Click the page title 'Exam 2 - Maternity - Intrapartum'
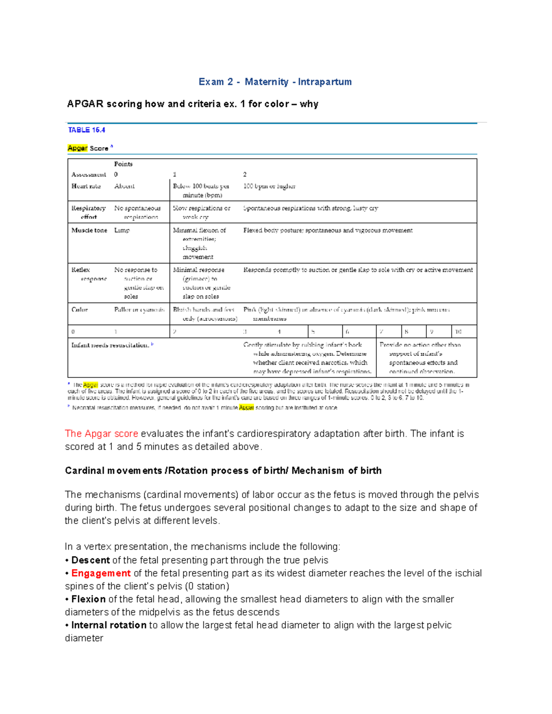click(275, 82)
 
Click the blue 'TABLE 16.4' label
click(86, 130)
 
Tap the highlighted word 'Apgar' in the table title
click(77, 148)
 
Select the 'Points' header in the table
click(123, 164)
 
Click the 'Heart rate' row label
click(86, 186)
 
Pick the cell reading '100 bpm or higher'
click(269, 186)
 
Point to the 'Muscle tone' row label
click(89, 230)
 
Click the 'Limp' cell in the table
click(122, 230)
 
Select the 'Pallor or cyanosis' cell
click(139, 310)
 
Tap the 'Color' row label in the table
click(80, 310)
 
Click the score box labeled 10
click(459, 331)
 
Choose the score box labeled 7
click(382, 331)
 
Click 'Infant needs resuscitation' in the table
click(110, 345)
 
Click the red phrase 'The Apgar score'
click(102, 434)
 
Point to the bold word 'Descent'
click(91, 560)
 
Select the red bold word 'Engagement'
click(101, 573)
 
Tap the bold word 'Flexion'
click(89, 599)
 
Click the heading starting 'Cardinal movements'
click(223, 470)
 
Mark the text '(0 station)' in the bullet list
click(207, 586)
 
